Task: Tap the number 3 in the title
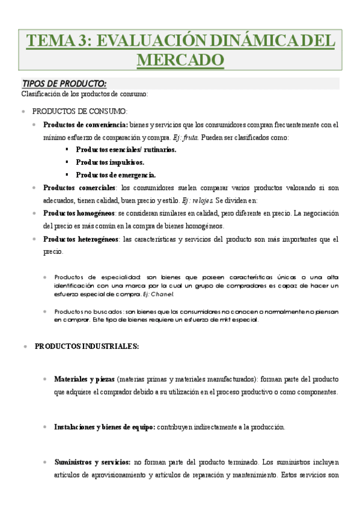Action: (82, 41)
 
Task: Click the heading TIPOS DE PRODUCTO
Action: (64, 84)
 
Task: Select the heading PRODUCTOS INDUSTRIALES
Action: (87, 346)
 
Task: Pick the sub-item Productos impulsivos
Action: (110, 162)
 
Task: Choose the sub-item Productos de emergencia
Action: (115, 175)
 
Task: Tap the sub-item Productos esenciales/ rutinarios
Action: (126, 149)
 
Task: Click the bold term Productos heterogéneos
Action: (81, 239)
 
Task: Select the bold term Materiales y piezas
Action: (85, 379)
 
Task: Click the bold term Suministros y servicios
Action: (93, 462)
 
